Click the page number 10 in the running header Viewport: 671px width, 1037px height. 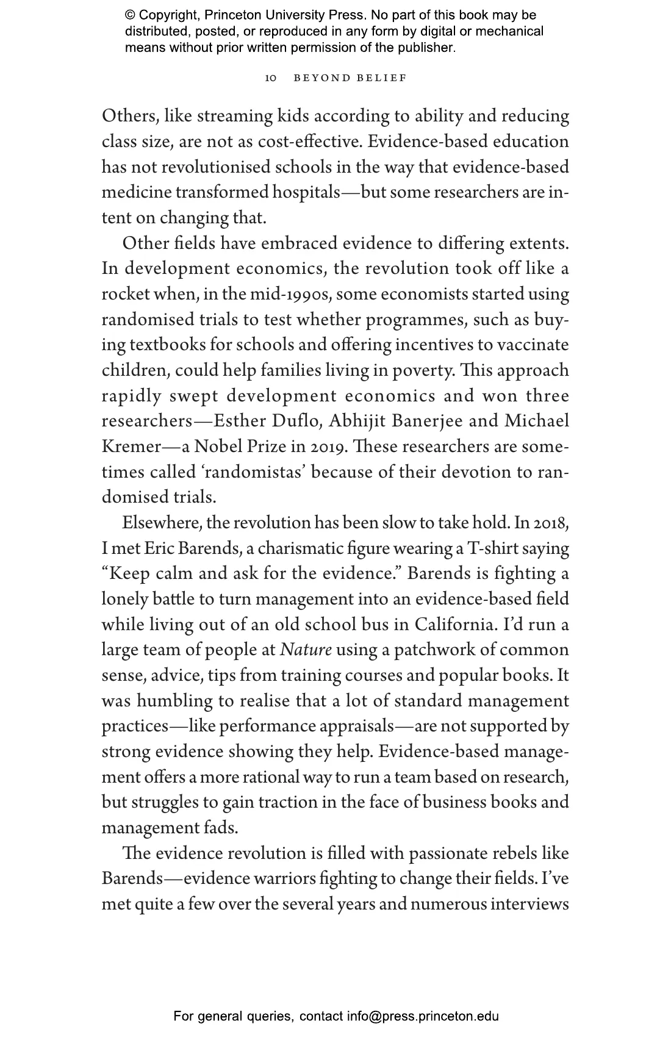(271, 78)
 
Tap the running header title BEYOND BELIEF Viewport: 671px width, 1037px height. (350, 78)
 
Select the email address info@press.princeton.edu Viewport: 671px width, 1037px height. (423, 1016)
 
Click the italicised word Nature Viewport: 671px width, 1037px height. (306, 650)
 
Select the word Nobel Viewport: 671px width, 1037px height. (219, 447)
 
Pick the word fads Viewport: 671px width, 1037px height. (221, 828)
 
